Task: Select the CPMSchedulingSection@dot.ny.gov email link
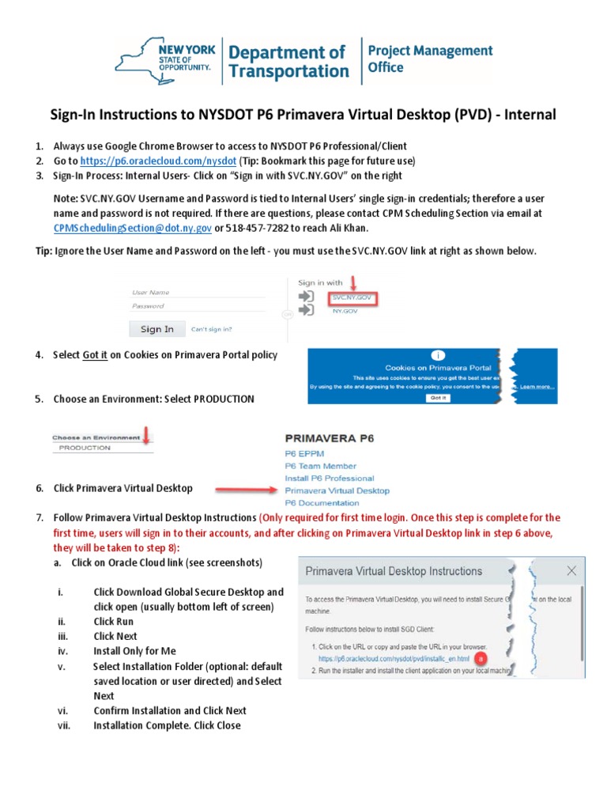pos(132,228)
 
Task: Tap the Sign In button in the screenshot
pos(156,329)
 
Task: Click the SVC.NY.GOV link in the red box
pos(351,298)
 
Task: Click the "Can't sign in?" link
pos(212,329)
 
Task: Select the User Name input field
pos(198,292)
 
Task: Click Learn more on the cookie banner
pos(537,387)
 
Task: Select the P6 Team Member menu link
pos(320,466)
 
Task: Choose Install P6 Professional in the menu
pos(329,478)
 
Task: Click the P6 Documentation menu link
pos(322,502)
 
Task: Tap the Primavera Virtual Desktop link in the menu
pos(337,490)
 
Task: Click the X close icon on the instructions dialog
pos(571,570)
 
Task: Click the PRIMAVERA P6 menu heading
pos(329,437)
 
